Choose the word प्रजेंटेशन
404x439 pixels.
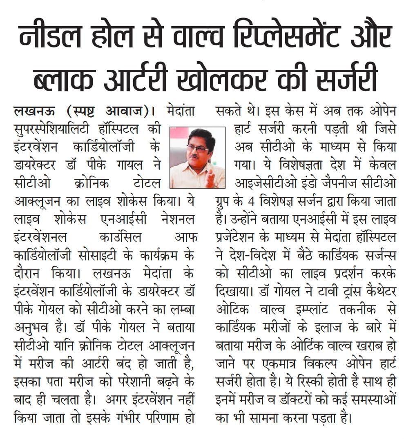239,238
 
